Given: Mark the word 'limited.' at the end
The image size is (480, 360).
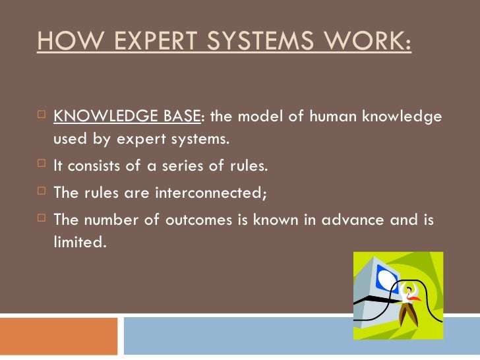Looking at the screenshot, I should click(x=79, y=243).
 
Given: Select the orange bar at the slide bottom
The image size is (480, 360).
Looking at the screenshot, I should click(x=59, y=336).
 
